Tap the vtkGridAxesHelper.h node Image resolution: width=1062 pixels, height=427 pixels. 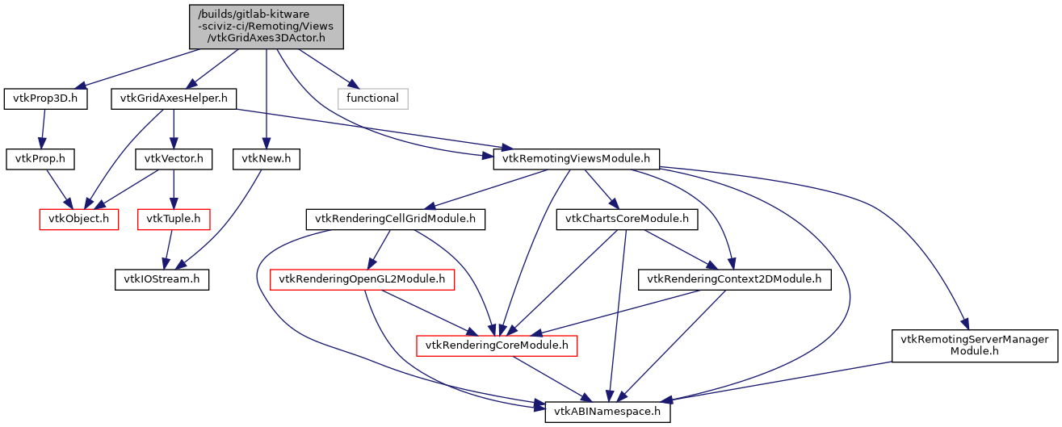pos(174,98)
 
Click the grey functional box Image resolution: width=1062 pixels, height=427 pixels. pos(372,98)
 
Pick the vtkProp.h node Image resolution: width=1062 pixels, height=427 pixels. pos(40,159)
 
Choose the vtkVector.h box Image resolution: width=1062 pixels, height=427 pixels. pos(174,159)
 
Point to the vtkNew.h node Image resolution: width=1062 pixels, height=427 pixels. pos(266,159)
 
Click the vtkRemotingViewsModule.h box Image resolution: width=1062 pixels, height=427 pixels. pos(577,159)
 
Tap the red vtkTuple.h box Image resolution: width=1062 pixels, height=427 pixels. pos(174,219)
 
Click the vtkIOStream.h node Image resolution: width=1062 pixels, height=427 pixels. pos(161,279)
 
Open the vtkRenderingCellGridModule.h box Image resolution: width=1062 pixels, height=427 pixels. pos(395,219)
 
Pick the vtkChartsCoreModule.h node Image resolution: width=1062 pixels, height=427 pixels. pos(627,219)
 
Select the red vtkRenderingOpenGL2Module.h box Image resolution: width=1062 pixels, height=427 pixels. pos(362,279)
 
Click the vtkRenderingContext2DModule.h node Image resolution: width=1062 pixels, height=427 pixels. pos(734,279)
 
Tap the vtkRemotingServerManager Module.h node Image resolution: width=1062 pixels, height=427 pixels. pos(975,345)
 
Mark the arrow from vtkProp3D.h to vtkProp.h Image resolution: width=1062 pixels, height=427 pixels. pos(42,129)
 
